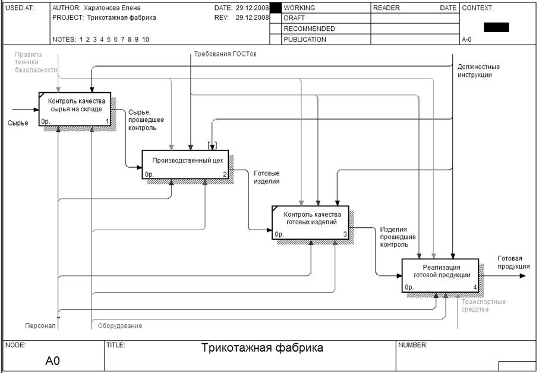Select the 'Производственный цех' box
(x=185, y=164)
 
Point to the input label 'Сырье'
(x=18, y=123)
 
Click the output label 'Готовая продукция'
(x=513, y=262)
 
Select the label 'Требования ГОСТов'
(x=225, y=55)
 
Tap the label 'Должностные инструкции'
(x=478, y=71)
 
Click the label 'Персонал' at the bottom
(x=40, y=325)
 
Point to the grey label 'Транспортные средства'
(x=484, y=305)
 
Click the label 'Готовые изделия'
(x=266, y=177)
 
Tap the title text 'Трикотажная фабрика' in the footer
(x=262, y=348)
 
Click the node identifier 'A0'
(x=53, y=360)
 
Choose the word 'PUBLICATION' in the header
(x=304, y=40)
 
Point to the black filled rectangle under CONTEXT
(x=496, y=27)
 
